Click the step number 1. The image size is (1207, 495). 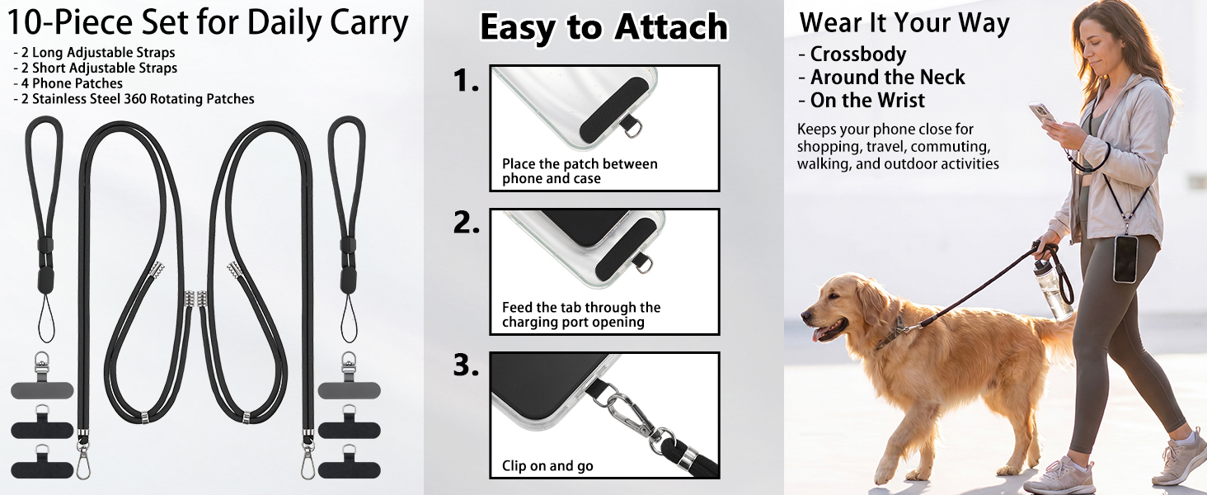pyautogui.click(x=466, y=81)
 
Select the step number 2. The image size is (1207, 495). pyautogui.click(x=466, y=223)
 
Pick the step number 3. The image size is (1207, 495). pyautogui.click(x=466, y=365)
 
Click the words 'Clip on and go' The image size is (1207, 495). pyautogui.click(x=547, y=466)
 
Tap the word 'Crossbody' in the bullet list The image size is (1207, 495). pyautogui.click(x=857, y=54)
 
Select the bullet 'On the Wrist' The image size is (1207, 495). pyautogui.click(x=867, y=101)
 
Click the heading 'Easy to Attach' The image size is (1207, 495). pyautogui.click(x=603, y=26)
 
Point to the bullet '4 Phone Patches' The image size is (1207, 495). pyautogui.click(x=68, y=83)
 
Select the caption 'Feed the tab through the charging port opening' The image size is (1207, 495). pyautogui.click(x=581, y=315)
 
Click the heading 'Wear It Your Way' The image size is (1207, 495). pyautogui.click(x=904, y=22)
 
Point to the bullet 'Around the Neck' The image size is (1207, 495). pyautogui.click(x=882, y=77)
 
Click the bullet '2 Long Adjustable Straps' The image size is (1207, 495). pyautogui.click(x=94, y=53)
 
